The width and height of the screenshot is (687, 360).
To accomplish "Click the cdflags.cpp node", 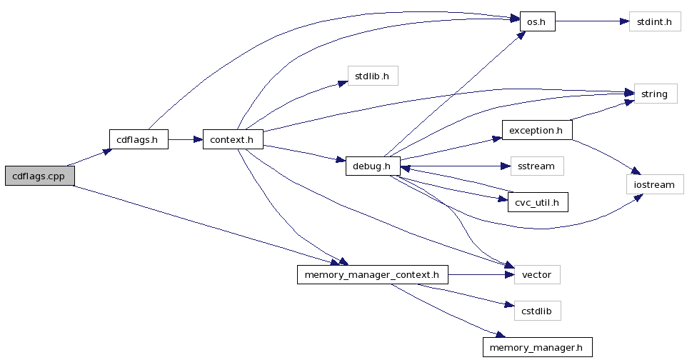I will pos(39,176).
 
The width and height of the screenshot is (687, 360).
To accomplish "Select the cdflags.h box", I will pos(139,139).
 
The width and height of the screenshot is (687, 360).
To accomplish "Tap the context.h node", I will pos(233,139).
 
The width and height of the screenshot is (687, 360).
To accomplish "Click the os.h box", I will pos(537,21).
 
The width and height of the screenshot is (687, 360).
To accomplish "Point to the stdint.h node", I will pos(654,21).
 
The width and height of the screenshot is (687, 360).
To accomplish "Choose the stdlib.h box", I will pos(372,76).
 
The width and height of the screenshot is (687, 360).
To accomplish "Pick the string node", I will pos(655,94).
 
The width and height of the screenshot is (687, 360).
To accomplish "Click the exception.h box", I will pos(537,130).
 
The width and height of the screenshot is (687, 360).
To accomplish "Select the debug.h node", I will pos(372,166).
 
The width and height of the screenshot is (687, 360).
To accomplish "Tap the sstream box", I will pos(536,166).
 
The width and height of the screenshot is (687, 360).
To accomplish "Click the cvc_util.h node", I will pos(537,203).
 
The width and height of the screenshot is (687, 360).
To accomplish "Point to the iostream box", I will pos(654,184).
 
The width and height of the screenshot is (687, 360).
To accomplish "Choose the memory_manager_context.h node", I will pos(372,274).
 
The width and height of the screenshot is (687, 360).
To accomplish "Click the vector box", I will pos(536,274).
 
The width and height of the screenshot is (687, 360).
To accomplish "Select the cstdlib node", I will pos(537,311).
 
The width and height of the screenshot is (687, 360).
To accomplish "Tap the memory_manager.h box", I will pos(537,348).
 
